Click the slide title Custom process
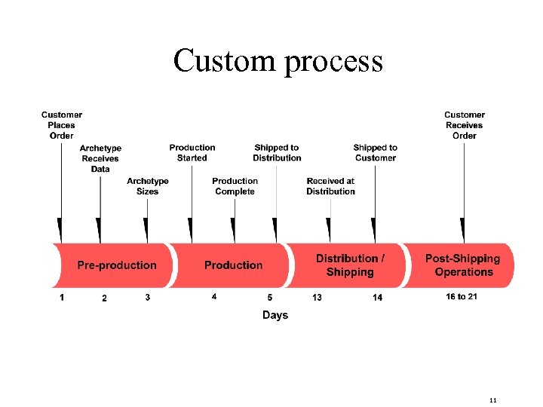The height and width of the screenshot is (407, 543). click(278, 61)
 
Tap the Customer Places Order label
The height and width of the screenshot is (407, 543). click(62, 125)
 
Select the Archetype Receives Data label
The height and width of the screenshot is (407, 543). click(100, 158)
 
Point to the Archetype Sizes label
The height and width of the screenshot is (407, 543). click(148, 186)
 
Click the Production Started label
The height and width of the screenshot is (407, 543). click(192, 153)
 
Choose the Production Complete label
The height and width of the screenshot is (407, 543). click(235, 186)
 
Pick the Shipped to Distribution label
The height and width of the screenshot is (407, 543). click(277, 153)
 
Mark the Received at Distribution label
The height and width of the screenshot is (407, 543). click(330, 186)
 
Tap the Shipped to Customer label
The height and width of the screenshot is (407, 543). click(375, 153)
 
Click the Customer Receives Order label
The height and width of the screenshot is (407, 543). click(465, 125)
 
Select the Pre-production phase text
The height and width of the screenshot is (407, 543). click(117, 265)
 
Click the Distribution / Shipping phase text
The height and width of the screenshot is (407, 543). click(350, 265)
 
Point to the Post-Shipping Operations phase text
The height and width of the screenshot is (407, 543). click(463, 265)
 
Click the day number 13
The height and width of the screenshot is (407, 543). click(317, 298)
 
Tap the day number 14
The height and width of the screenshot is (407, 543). click(377, 298)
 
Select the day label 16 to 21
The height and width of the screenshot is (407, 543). click(462, 297)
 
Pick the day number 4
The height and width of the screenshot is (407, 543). click(214, 297)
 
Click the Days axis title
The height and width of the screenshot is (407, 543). click(275, 315)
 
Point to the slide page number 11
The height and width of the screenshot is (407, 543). click(493, 399)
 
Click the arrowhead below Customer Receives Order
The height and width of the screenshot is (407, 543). click(462, 230)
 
